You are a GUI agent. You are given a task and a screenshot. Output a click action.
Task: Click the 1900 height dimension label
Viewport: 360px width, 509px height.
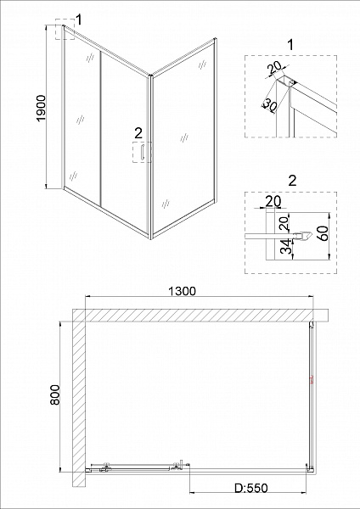tap(42, 108)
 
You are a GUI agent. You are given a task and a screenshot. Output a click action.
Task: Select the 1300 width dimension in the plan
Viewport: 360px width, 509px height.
tap(182, 291)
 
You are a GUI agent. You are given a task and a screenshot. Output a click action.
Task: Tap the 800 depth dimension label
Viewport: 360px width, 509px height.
tap(55, 394)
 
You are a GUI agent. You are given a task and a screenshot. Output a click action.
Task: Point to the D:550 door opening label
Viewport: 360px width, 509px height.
tap(251, 488)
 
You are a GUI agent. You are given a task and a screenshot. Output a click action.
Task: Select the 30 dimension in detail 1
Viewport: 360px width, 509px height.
tap(269, 104)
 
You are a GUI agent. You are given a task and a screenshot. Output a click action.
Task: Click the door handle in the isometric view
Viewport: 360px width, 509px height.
tap(141, 152)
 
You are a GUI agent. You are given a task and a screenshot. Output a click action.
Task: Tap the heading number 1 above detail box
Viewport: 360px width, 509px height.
tap(290, 45)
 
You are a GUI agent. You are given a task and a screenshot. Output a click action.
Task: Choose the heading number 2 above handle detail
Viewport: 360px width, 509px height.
tap(293, 181)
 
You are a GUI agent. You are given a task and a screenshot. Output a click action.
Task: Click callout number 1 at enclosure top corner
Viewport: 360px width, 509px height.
tap(79, 20)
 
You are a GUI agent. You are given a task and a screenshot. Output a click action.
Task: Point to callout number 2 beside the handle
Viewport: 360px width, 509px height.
tap(138, 133)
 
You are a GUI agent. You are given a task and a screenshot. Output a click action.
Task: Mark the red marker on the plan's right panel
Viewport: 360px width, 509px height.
tap(312, 380)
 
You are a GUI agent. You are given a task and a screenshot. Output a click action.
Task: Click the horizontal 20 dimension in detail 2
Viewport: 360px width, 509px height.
tap(273, 201)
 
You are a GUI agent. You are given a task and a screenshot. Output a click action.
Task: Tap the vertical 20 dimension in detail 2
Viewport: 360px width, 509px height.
tap(284, 223)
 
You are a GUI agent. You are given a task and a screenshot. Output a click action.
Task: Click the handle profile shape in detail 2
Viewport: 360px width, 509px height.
tap(303, 235)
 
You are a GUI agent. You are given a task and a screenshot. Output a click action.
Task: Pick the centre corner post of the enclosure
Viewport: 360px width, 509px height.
tap(149, 157)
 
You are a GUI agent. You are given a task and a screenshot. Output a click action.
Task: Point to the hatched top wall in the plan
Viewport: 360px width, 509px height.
tap(200, 315)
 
